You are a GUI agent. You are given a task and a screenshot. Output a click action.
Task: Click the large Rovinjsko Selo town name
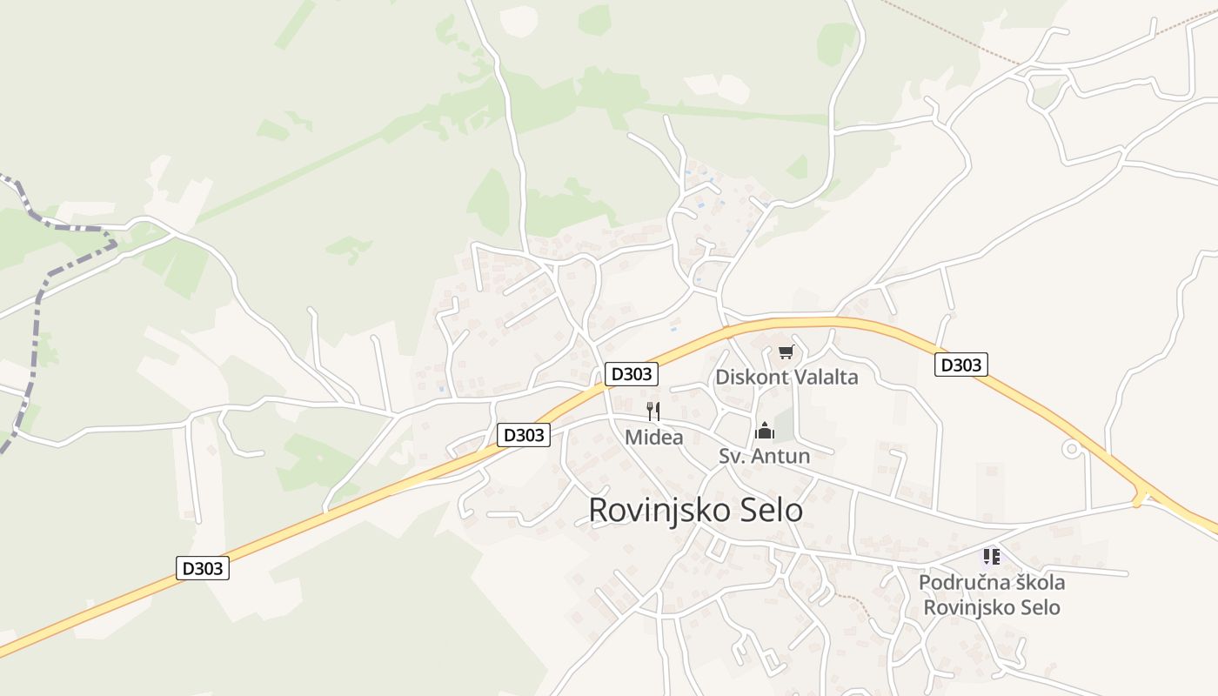coord(695,510)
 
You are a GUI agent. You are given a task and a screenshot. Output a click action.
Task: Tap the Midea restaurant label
coord(653,438)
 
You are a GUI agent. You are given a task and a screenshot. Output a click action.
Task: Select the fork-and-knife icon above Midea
coord(653,412)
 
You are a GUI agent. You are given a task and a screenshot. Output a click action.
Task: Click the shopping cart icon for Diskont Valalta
coord(786,351)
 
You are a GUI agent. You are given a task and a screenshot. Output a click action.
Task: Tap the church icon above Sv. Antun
coord(765,431)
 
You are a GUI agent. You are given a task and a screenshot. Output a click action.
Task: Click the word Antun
coord(780,456)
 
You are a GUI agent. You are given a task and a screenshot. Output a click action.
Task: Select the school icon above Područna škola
coord(991,556)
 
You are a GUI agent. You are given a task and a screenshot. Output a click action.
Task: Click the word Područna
coord(960,582)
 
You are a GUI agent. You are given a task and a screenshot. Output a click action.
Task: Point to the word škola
coord(1035,582)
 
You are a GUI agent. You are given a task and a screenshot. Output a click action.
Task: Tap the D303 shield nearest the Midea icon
coord(632,374)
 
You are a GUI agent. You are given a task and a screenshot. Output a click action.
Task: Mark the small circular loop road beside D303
coord(1072,449)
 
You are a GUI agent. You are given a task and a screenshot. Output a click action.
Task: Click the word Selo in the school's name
coord(1041,607)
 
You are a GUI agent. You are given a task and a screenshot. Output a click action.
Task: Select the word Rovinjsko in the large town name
coord(658,510)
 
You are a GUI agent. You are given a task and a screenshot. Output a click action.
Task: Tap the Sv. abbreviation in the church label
coord(732,456)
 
